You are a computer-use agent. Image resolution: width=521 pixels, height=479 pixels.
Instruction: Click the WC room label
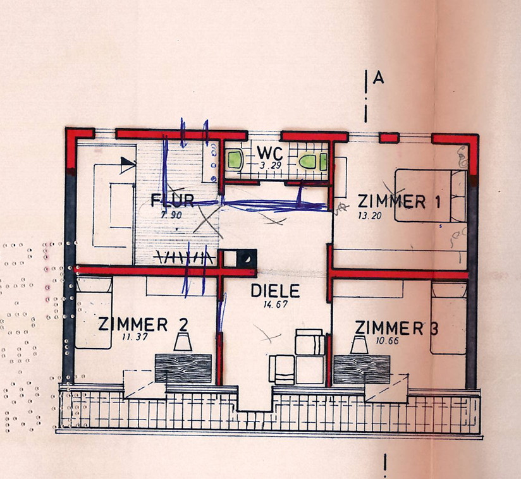pos(270,153)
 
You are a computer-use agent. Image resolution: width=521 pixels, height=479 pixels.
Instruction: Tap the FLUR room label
pos(172,200)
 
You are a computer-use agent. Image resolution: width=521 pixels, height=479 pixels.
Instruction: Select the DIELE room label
pos(275,291)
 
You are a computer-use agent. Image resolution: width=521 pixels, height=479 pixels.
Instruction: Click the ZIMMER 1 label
pos(400,202)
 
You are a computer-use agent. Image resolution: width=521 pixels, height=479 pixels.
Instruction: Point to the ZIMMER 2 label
pos(143,325)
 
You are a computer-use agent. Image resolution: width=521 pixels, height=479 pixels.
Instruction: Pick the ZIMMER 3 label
pos(396,328)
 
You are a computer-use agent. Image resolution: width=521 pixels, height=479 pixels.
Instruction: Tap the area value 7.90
pos(171,215)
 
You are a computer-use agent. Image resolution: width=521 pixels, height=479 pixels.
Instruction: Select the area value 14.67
pos(276,305)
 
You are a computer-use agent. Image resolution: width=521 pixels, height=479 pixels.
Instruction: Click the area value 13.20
pos(370,215)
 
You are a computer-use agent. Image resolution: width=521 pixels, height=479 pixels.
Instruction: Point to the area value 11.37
pos(135,337)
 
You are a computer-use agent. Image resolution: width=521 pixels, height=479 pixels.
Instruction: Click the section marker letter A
pos(379,78)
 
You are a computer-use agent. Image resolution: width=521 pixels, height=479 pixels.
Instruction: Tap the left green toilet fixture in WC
pos(235,159)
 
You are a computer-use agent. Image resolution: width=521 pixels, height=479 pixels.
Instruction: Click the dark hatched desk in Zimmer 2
pos(183,368)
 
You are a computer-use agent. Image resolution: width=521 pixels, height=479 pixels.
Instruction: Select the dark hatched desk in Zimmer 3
pos(362,369)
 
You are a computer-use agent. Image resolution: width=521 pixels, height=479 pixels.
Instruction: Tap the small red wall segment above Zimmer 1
pos(389,138)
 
